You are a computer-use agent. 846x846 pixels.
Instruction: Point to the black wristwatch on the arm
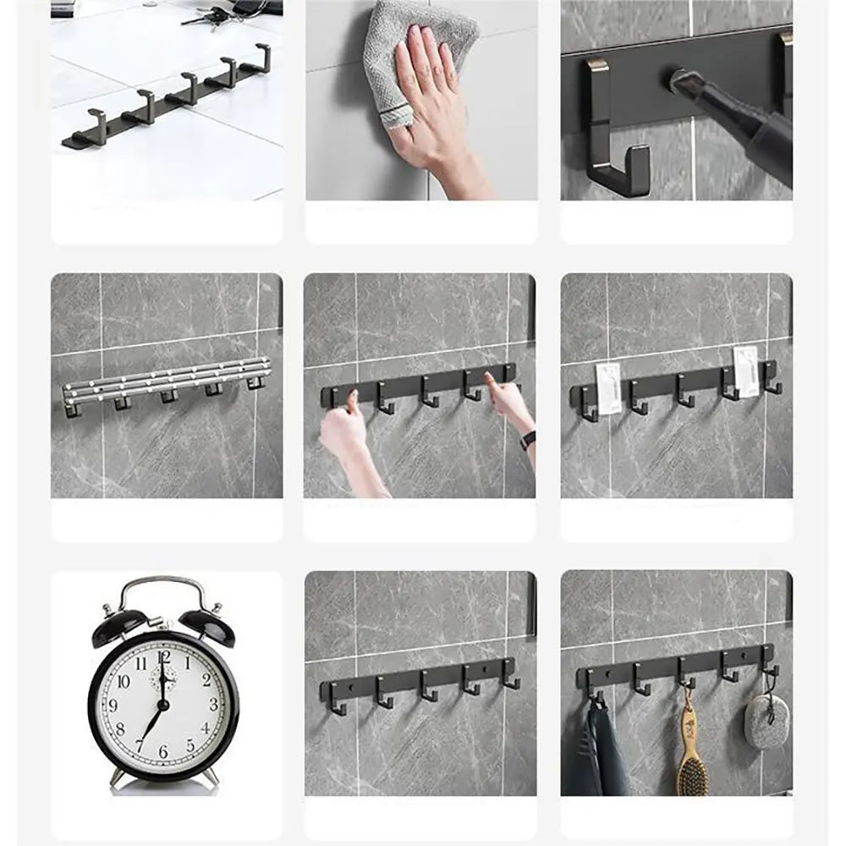528,440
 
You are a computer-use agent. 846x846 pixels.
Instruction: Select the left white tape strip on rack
607,388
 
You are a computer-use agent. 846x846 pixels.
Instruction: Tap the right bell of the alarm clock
207,626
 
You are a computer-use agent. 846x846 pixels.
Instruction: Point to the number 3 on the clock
212,704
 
